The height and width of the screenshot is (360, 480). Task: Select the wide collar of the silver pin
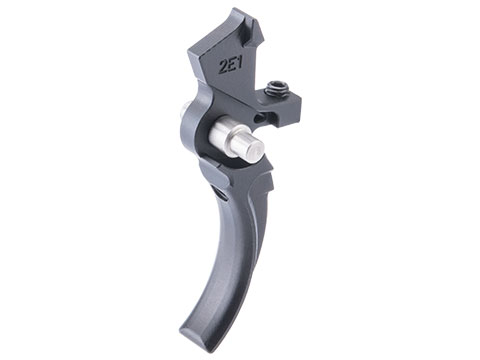pyautogui.click(x=227, y=131)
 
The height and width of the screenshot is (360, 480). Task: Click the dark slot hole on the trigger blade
pyautogui.click(x=219, y=194)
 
